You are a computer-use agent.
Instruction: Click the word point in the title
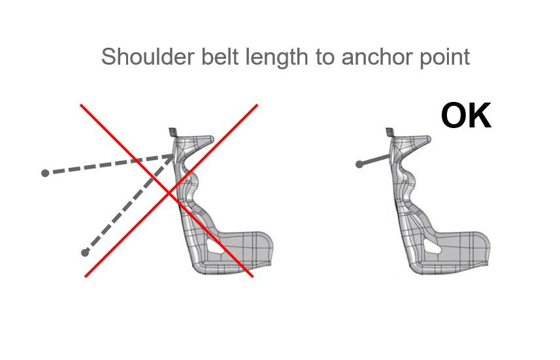[x=443, y=57]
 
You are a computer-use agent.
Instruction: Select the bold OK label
[x=466, y=116]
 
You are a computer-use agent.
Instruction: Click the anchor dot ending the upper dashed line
[x=44, y=173]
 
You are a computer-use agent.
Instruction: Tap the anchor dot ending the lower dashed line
[x=84, y=253]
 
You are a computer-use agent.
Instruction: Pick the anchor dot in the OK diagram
[x=359, y=165]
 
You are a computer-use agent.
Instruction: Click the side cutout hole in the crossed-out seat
[x=215, y=248]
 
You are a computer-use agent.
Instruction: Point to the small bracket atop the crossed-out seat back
[x=173, y=133]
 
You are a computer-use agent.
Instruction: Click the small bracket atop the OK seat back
[x=389, y=133]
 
